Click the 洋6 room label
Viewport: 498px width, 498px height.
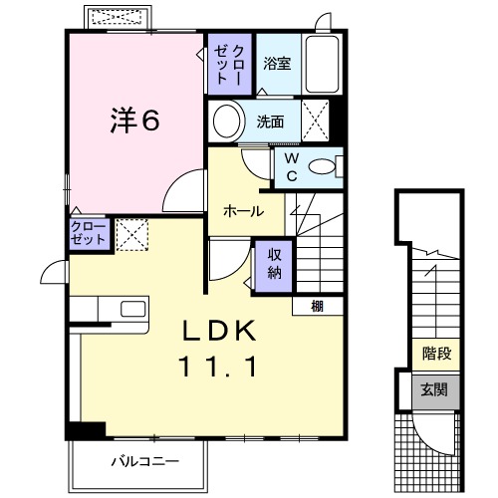tap(133, 120)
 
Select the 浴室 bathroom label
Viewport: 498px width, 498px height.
tap(277, 64)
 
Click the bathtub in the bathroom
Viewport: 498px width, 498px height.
tap(321, 65)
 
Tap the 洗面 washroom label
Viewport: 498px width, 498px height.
tap(270, 123)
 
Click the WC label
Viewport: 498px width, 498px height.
tap(292, 165)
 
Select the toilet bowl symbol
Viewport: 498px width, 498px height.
tap(323, 167)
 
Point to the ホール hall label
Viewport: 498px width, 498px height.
tap(243, 211)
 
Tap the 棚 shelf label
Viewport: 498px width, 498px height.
tap(316, 305)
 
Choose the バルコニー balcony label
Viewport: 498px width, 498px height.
tap(143, 462)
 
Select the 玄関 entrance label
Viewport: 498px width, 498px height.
tap(434, 389)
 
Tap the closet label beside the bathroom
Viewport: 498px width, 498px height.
tap(230, 63)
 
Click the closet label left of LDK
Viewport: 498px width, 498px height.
tap(89, 235)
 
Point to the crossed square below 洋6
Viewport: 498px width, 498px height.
tap(130, 234)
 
